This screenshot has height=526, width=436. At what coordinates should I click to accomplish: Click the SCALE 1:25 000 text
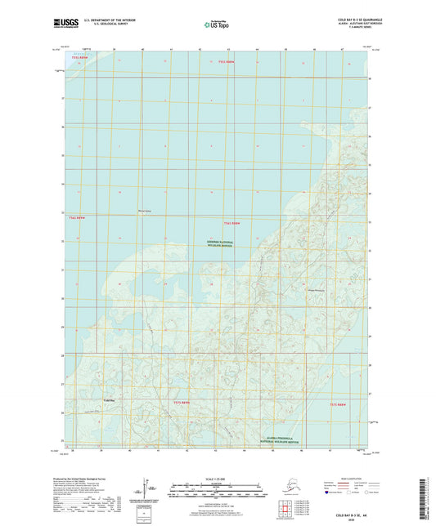click(218, 476)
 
